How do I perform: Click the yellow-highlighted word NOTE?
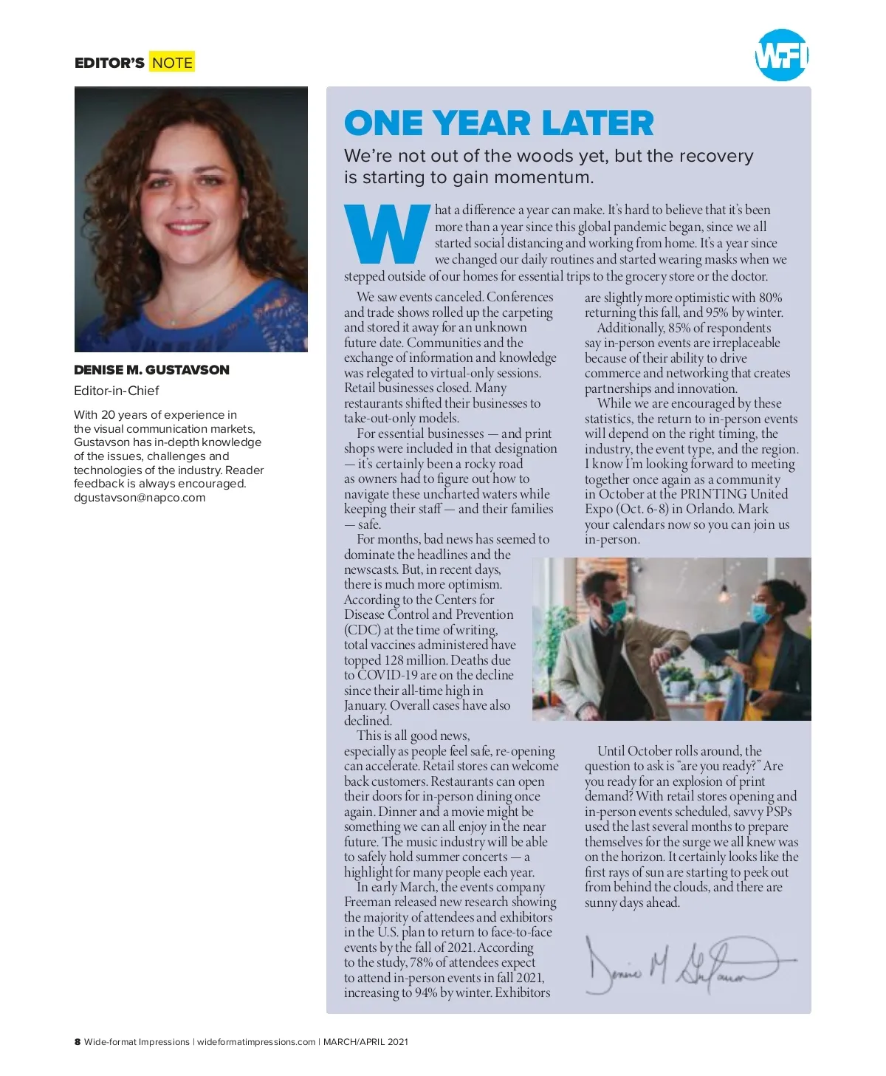coord(172,63)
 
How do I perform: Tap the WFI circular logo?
coord(781,55)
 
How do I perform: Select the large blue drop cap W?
coord(387,233)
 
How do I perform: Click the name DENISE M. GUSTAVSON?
coord(151,370)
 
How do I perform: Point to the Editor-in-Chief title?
coord(117,391)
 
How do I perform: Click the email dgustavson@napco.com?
coord(140,498)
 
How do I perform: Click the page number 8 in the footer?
coord(78,1042)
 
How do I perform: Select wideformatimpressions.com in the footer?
coord(256,1042)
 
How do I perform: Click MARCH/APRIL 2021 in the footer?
coord(365,1042)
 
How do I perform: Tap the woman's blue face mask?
coord(760,612)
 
